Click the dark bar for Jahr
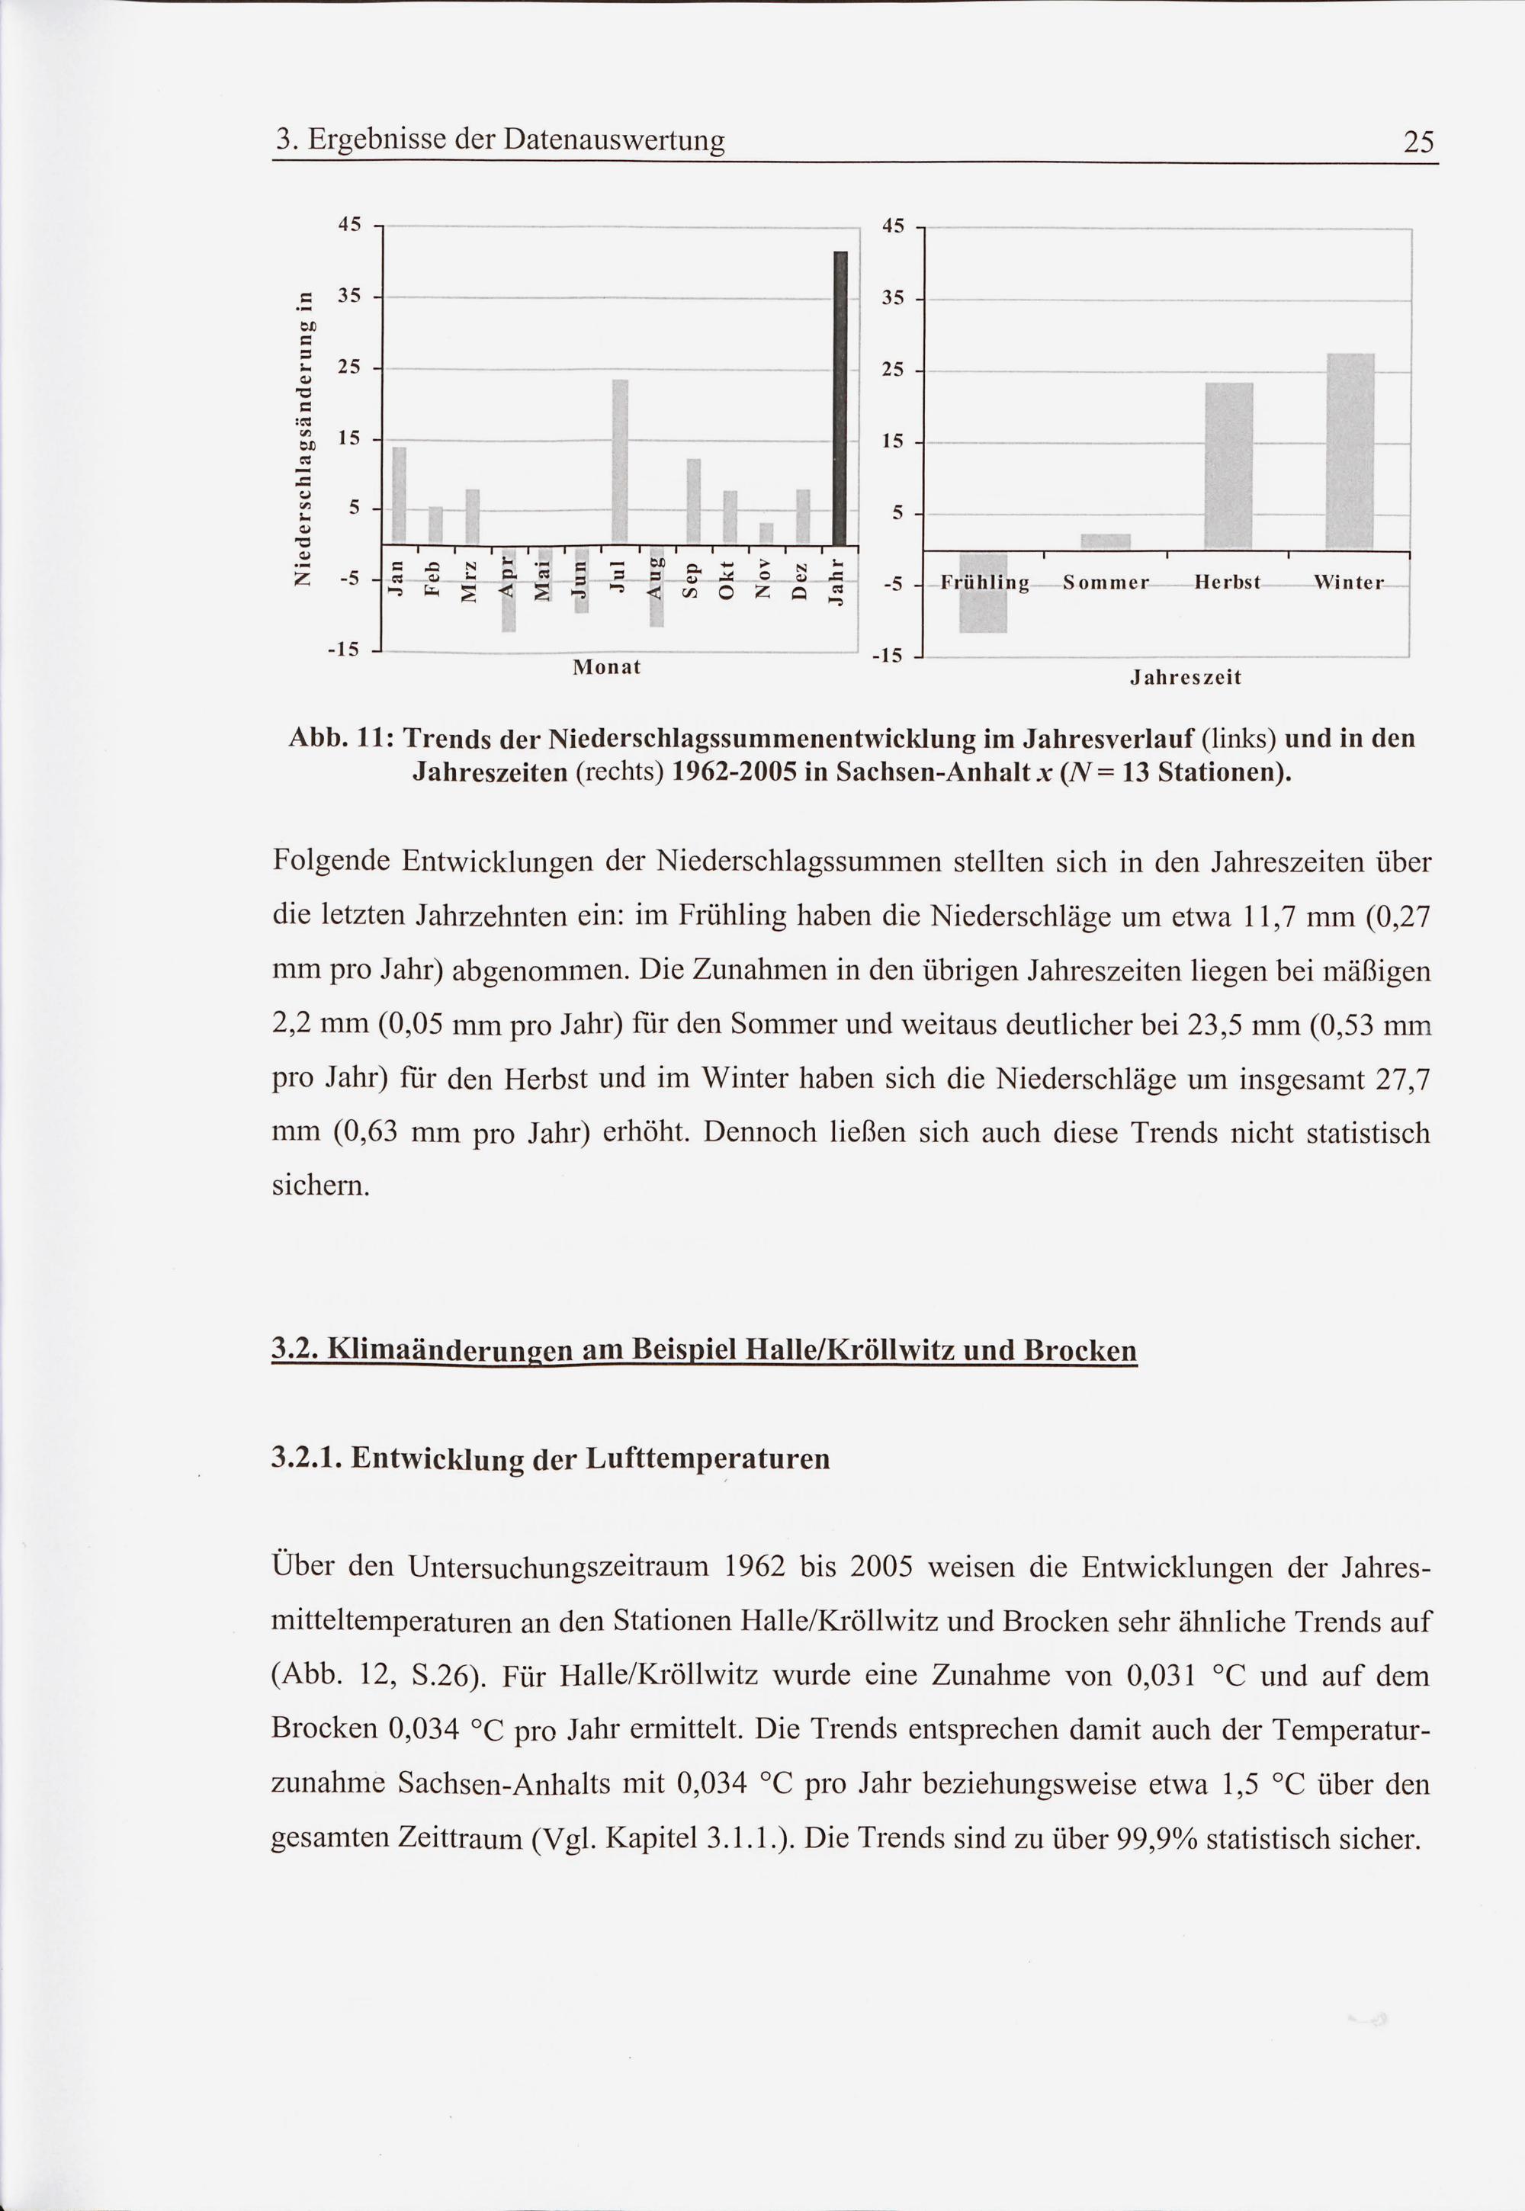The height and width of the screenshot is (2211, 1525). (841, 396)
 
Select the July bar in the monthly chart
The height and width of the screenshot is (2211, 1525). (620, 460)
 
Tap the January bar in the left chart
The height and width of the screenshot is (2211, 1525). (400, 494)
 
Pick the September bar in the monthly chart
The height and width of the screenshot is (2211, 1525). (694, 499)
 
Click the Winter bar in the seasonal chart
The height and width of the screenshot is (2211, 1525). (1350, 452)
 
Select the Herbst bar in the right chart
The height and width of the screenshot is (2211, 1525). (1229, 467)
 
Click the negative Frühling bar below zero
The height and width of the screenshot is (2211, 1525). (983, 592)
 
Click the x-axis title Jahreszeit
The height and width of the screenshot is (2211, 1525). (1185, 679)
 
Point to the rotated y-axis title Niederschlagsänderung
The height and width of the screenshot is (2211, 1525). (306, 437)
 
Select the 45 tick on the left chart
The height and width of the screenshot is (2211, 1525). (350, 226)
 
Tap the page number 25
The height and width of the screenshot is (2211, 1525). (1419, 143)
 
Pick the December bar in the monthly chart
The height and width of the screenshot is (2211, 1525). (804, 516)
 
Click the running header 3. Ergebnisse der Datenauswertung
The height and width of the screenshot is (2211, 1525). (499, 141)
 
